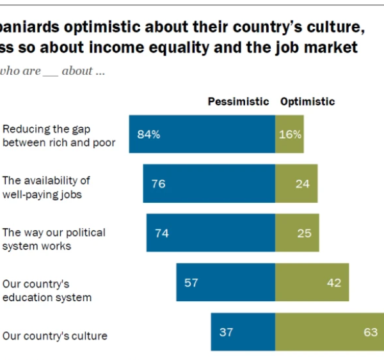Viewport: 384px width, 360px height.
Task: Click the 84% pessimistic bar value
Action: (148, 134)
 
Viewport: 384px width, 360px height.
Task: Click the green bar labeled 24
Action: (296, 184)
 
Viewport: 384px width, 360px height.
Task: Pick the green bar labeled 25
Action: (297, 233)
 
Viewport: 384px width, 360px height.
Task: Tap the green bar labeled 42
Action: (312, 282)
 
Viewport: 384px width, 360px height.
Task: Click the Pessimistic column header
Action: (238, 102)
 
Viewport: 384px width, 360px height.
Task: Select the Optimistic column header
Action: (307, 102)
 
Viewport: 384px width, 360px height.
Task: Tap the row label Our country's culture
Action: (55, 335)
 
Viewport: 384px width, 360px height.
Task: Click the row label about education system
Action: (47, 290)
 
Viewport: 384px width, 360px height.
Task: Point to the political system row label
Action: (54, 239)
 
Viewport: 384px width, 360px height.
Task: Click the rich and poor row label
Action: (59, 136)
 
